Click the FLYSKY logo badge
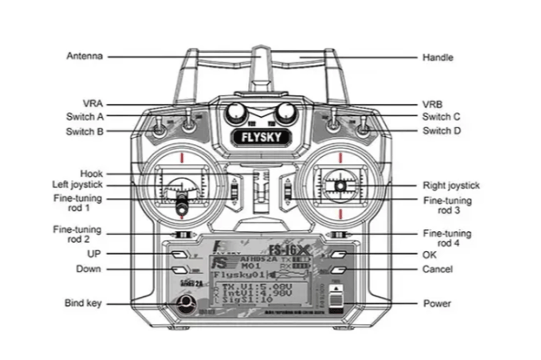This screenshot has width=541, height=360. pos(261,137)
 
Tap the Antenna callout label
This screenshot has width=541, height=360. pos(84,56)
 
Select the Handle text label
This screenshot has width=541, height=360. pos(437,57)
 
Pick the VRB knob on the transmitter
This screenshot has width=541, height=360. pos(285,112)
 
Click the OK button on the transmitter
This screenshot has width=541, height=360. pos(339,254)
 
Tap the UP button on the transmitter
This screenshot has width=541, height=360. pos(179,254)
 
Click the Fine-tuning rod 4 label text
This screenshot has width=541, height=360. pos(446,238)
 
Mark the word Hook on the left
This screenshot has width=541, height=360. pos(91,174)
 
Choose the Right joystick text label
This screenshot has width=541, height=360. pos(451,185)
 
